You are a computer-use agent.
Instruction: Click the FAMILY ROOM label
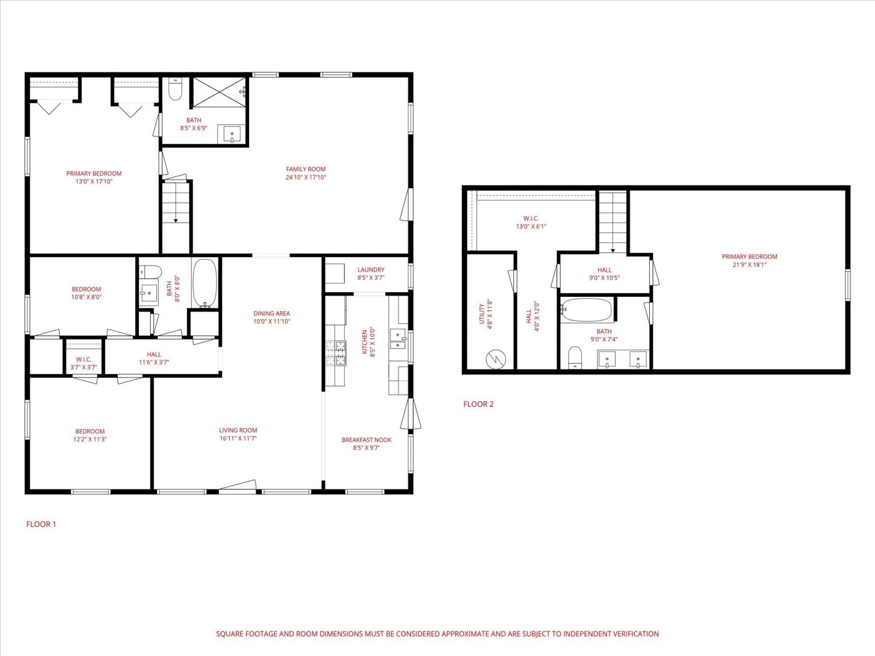(306, 169)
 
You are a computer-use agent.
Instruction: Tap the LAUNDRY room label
(371, 269)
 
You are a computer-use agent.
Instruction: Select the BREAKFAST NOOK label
(366, 440)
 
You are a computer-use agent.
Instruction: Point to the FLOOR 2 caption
(478, 404)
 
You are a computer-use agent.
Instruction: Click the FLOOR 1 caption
(41, 524)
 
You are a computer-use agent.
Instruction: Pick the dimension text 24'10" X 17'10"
(306, 177)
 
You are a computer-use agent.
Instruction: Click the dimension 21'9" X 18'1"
(750, 265)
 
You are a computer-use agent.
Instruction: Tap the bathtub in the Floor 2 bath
(586, 310)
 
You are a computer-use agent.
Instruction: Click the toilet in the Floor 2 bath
(575, 357)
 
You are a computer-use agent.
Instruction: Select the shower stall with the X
(219, 92)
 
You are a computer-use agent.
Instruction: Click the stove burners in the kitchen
(335, 353)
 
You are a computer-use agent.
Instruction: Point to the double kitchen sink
(398, 339)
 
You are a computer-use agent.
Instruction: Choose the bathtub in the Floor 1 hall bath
(205, 283)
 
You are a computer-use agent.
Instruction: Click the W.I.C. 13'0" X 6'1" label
(531, 222)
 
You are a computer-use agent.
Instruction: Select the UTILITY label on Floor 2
(482, 314)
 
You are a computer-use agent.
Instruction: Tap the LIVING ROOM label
(238, 430)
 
